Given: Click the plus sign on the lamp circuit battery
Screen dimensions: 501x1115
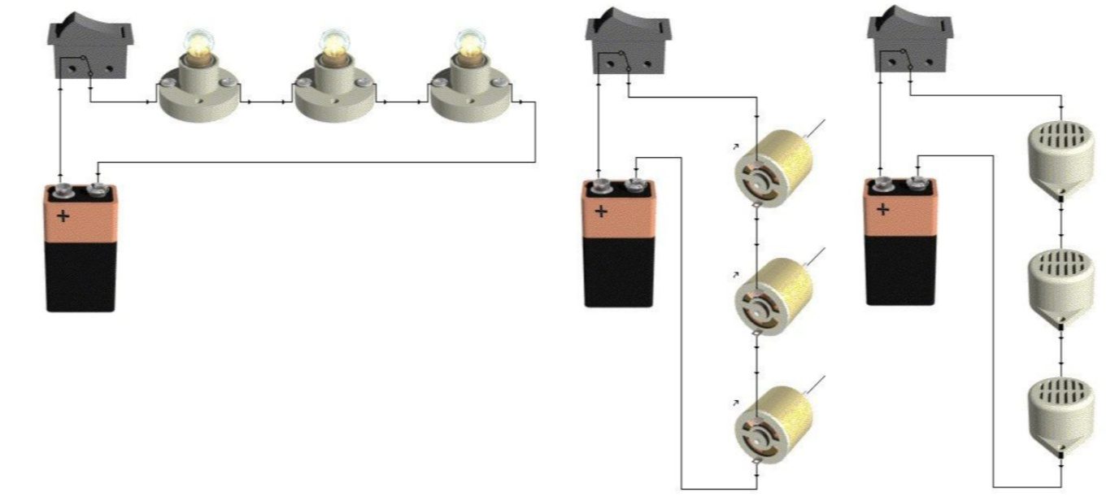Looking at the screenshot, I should [x=63, y=217].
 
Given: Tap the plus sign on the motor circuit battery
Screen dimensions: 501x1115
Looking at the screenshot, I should [x=601, y=212].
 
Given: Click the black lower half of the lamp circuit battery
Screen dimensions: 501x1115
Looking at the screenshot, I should [x=81, y=277].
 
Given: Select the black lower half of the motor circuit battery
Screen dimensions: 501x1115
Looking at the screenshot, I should [x=618, y=272].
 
